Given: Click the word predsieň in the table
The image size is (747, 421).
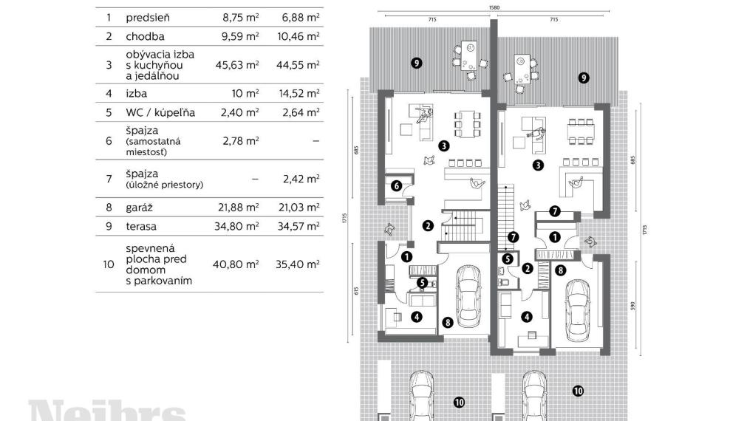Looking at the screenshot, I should [147, 16].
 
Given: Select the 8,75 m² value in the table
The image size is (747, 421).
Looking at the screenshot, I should [240, 16].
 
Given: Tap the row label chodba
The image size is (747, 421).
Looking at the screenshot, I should [145, 35].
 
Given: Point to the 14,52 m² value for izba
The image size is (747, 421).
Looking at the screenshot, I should [298, 94].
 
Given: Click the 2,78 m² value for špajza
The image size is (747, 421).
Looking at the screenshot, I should [240, 140].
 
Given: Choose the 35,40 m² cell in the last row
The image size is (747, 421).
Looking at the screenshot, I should [298, 264].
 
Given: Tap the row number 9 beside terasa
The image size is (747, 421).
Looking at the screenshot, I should [109, 227].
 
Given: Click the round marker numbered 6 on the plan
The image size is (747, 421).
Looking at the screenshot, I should [396, 186].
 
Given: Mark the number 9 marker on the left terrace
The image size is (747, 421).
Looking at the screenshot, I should [417, 64].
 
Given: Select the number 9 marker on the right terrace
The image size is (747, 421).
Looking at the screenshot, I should [584, 77].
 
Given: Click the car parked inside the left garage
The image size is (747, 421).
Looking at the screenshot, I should [468, 297].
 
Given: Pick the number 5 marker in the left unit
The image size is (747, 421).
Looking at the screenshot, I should [421, 281].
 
